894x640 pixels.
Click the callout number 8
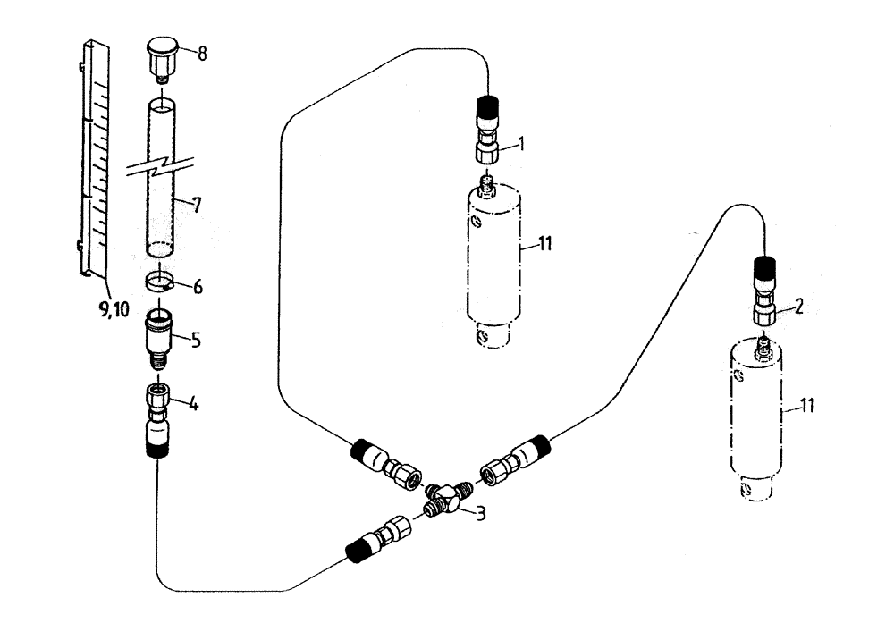pyautogui.click(x=203, y=54)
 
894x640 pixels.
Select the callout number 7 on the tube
pyautogui.click(x=197, y=205)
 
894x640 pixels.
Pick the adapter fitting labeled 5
pyautogui.click(x=163, y=339)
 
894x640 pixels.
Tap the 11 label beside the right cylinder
pyautogui.click(x=806, y=407)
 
